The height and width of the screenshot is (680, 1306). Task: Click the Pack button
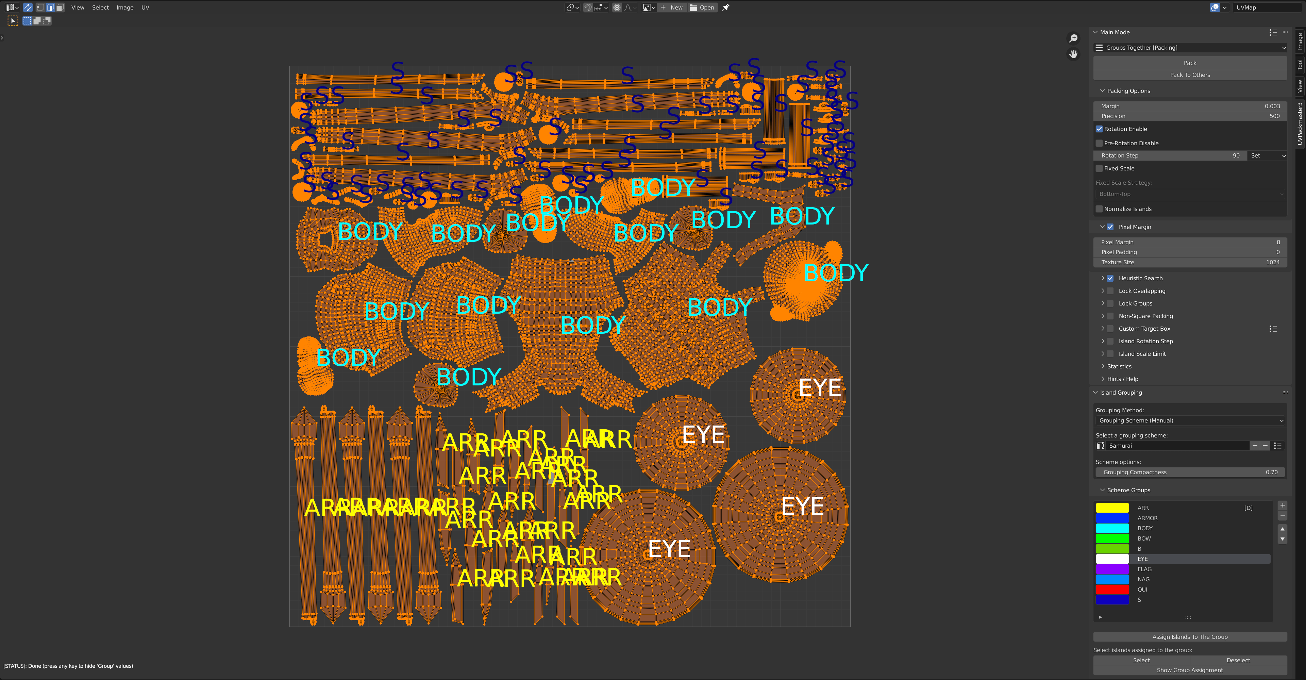pyautogui.click(x=1189, y=63)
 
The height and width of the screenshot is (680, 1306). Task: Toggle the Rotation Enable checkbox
pyautogui.click(x=1099, y=129)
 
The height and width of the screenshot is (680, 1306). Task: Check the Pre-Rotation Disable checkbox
pyautogui.click(x=1099, y=144)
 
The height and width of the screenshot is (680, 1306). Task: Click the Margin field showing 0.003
pyautogui.click(x=1189, y=106)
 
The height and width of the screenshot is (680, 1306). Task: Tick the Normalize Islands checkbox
pyautogui.click(x=1099, y=209)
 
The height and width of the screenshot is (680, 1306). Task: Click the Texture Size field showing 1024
pyautogui.click(x=1189, y=262)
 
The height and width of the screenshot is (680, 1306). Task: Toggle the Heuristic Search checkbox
pyautogui.click(x=1110, y=278)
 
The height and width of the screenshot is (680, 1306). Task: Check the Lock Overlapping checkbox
pyautogui.click(x=1110, y=291)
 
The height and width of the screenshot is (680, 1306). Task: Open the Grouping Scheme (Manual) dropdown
pyautogui.click(x=1189, y=420)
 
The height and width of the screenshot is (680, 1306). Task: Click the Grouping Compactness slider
pyautogui.click(x=1189, y=472)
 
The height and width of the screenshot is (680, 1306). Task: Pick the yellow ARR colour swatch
pyautogui.click(x=1112, y=508)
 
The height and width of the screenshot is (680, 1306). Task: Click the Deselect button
pyautogui.click(x=1238, y=660)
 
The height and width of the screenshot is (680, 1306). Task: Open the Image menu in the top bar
pyautogui.click(x=125, y=7)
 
